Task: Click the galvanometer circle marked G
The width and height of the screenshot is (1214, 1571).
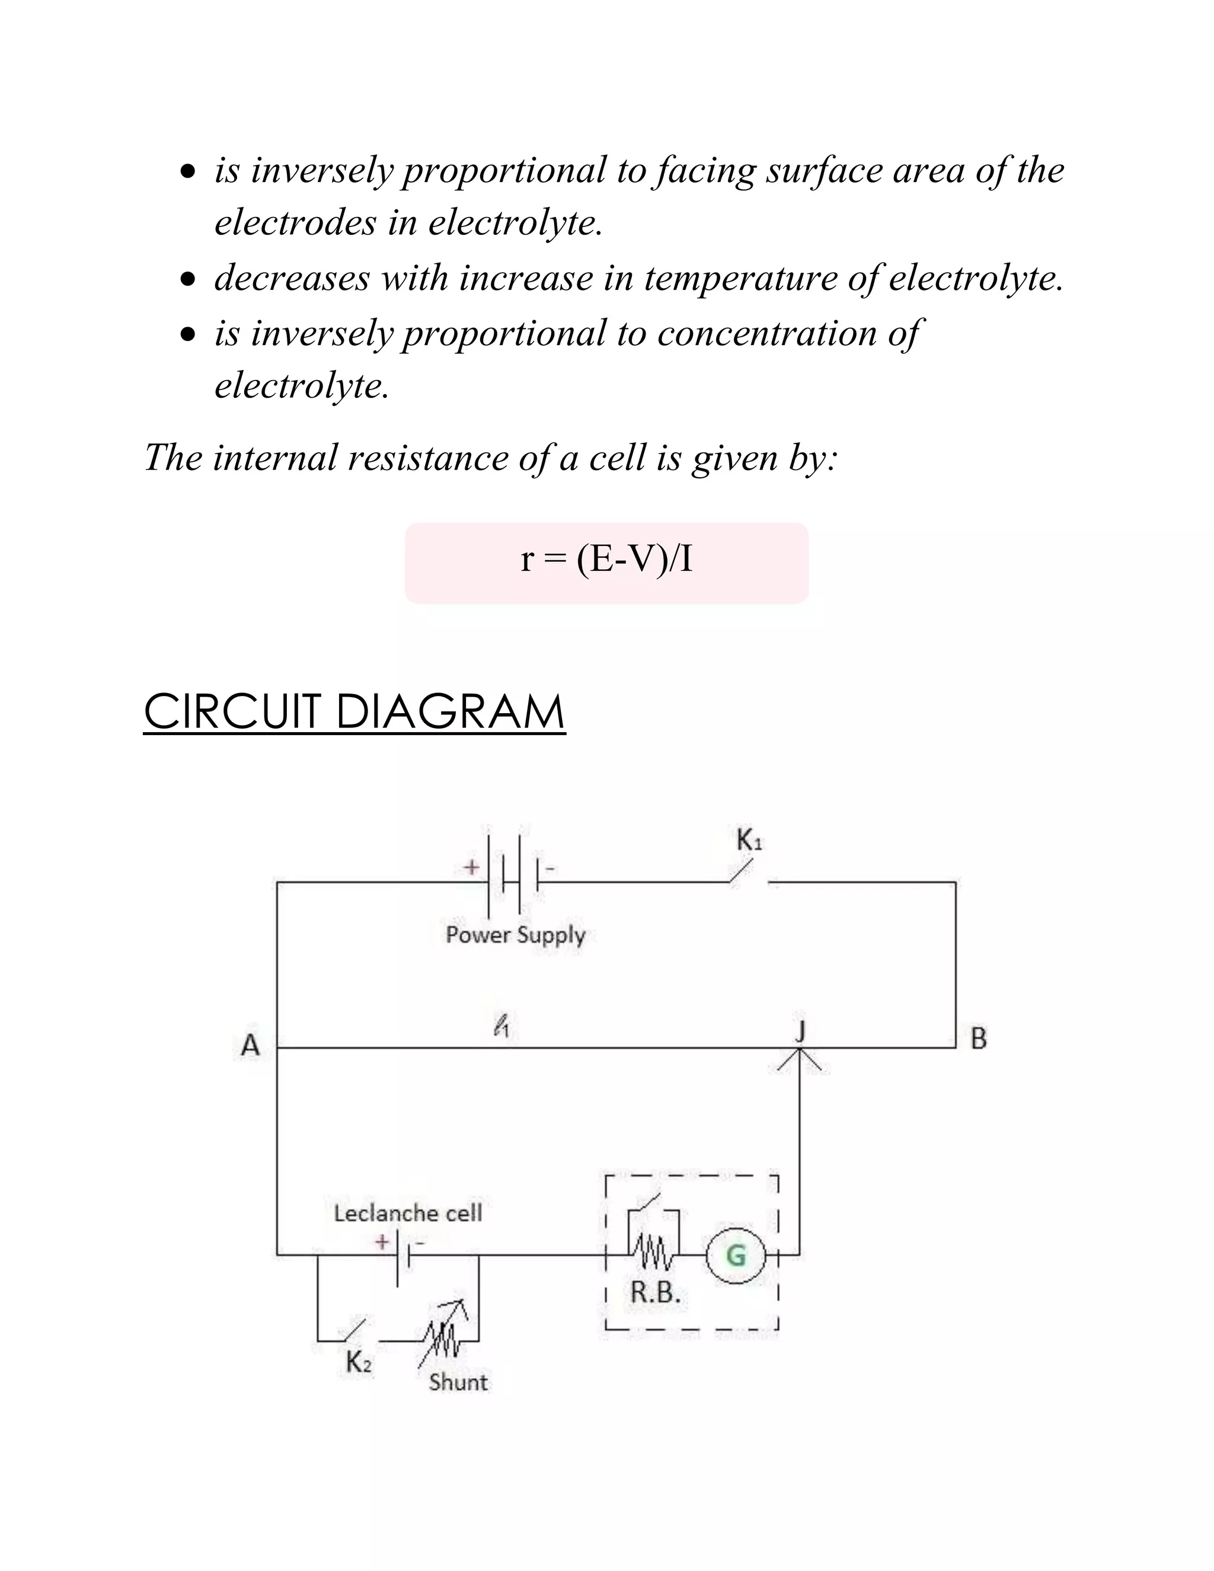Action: (x=736, y=1255)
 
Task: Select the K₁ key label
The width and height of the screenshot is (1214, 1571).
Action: (x=749, y=840)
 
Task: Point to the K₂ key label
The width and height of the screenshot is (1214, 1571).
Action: (x=359, y=1362)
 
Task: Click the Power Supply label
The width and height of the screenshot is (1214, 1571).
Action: (x=516, y=934)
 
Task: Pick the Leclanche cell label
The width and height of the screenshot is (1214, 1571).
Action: (x=408, y=1213)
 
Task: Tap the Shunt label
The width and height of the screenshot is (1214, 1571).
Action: (x=458, y=1382)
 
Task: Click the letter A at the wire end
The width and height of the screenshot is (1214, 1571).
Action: (x=250, y=1045)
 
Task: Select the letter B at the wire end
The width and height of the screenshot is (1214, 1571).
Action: (x=979, y=1039)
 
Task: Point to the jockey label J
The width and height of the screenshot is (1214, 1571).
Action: (x=800, y=1031)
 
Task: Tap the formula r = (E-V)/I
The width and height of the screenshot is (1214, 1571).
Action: (x=606, y=559)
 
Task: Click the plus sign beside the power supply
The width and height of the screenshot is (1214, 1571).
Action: (x=471, y=867)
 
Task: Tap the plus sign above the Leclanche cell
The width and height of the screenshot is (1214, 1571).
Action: (x=382, y=1241)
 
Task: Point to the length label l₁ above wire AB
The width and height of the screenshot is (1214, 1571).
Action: (x=502, y=1025)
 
